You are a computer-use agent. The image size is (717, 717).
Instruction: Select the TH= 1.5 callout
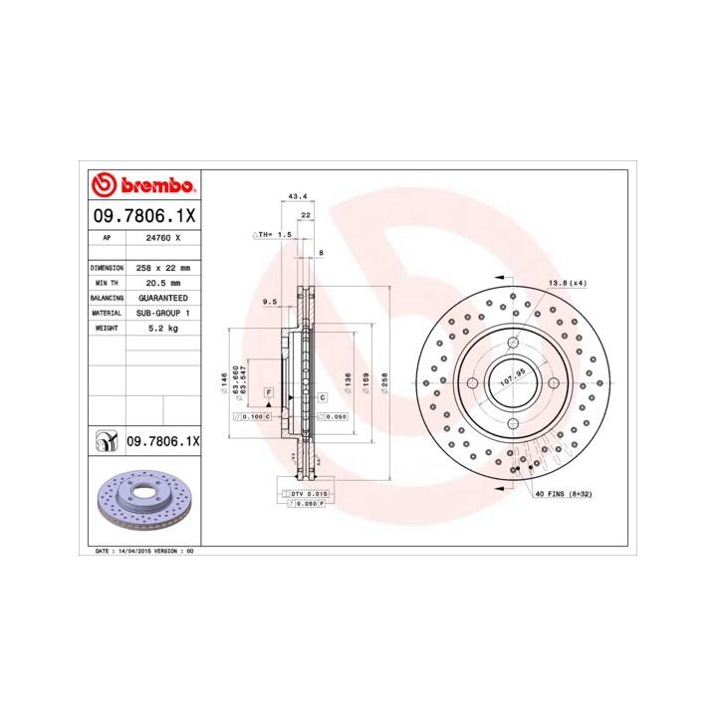click(274, 234)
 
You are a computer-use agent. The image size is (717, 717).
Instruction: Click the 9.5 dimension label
click(269, 302)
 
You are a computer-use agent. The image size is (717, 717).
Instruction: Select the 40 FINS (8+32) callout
click(565, 494)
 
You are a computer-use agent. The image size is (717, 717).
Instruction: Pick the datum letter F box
click(270, 394)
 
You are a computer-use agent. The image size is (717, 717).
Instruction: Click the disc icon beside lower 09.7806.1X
click(103, 440)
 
